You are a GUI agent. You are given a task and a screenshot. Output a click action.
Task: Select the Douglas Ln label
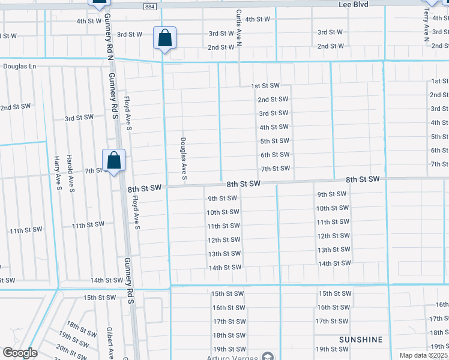tap(20, 67)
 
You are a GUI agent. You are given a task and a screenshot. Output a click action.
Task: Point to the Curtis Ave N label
tap(238, 28)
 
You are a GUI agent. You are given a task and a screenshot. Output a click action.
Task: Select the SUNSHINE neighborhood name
tap(360, 340)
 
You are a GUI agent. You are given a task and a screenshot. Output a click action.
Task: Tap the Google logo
tap(20, 353)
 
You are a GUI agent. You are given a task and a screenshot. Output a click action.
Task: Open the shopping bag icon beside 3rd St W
tap(164, 38)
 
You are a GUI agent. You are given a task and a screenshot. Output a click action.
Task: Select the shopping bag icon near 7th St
tap(113, 160)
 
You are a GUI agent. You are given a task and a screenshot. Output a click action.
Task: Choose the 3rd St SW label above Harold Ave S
tap(79, 118)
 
